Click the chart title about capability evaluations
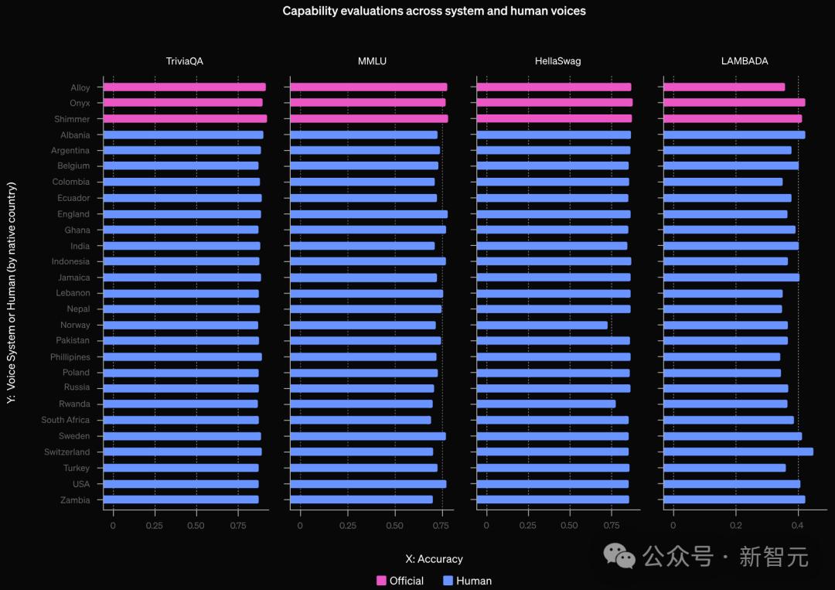(x=434, y=11)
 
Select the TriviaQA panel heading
(x=185, y=61)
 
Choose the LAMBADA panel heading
(x=745, y=61)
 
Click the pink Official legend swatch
(x=381, y=581)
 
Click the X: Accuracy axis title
(x=434, y=559)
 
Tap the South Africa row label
(x=66, y=420)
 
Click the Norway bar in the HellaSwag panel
(x=541, y=325)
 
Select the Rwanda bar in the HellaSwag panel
(x=545, y=404)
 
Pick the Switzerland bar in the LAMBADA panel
(x=738, y=452)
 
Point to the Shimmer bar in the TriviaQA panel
(x=185, y=118)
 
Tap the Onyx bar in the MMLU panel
(x=368, y=102)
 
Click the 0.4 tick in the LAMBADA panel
(x=798, y=525)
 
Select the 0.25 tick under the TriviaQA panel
(x=155, y=525)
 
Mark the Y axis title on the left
(x=11, y=293)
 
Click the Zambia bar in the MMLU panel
(x=361, y=500)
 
